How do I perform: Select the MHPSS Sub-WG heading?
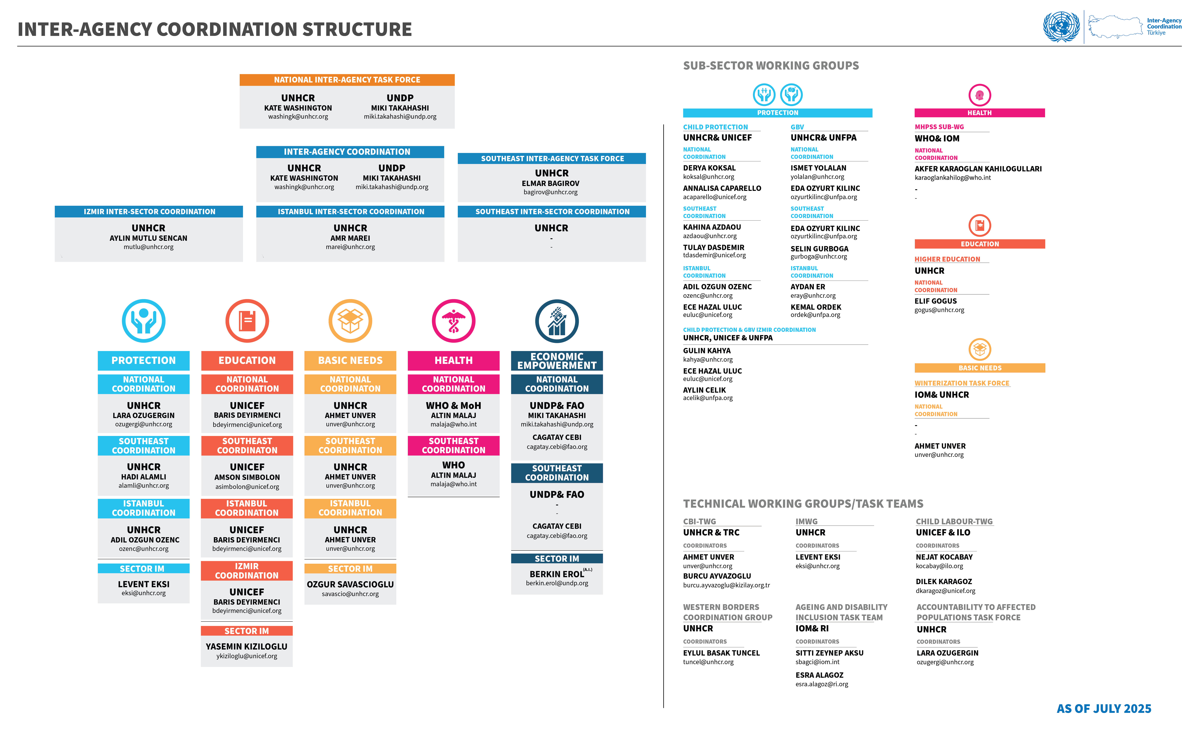click(939, 127)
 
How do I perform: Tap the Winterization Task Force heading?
click(962, 383)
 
